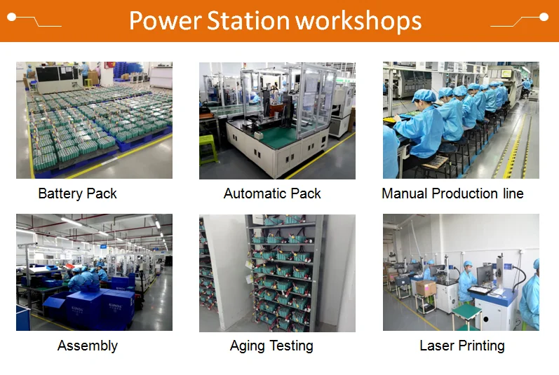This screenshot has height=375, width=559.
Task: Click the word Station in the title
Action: (248, 20)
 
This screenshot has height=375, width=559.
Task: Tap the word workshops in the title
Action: (358, 21)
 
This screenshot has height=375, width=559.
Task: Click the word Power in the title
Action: (165, 20)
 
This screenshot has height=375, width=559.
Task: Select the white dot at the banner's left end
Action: (12, 17)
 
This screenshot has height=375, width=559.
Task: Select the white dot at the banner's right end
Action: (544, 17)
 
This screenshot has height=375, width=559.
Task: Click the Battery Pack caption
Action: (77, 193)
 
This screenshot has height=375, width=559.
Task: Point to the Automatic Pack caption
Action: (272, 193)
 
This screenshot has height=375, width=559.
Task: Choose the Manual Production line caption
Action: (452, 193)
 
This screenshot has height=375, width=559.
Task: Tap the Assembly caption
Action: (88, 346)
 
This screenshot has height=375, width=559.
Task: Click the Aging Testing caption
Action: (271, 346)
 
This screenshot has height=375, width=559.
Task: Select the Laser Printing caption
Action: (462, 346)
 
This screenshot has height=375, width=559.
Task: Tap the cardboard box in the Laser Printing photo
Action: (426, 288)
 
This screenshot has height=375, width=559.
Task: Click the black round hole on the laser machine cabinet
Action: (485, 320)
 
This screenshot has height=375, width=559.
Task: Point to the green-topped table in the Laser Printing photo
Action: (466, 313)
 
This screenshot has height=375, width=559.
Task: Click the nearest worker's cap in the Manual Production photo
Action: (424, 95)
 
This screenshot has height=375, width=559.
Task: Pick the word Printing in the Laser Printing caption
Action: (481, 346)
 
